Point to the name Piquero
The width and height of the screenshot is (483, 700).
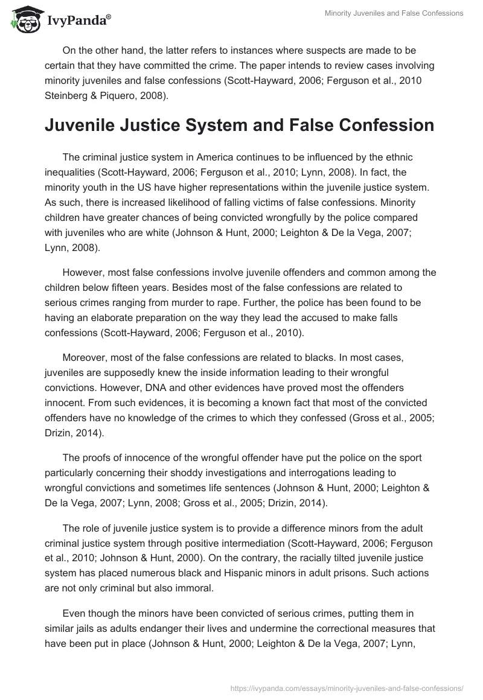tap(123, 95)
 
